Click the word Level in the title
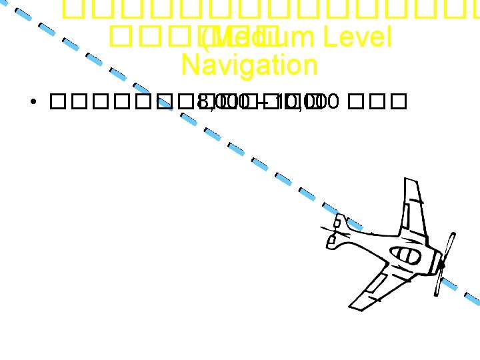[x=356, y=38]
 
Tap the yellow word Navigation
[x=249, y=65]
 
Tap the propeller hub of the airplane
[x=441, y=266]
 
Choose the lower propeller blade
[x=437, y=284]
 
